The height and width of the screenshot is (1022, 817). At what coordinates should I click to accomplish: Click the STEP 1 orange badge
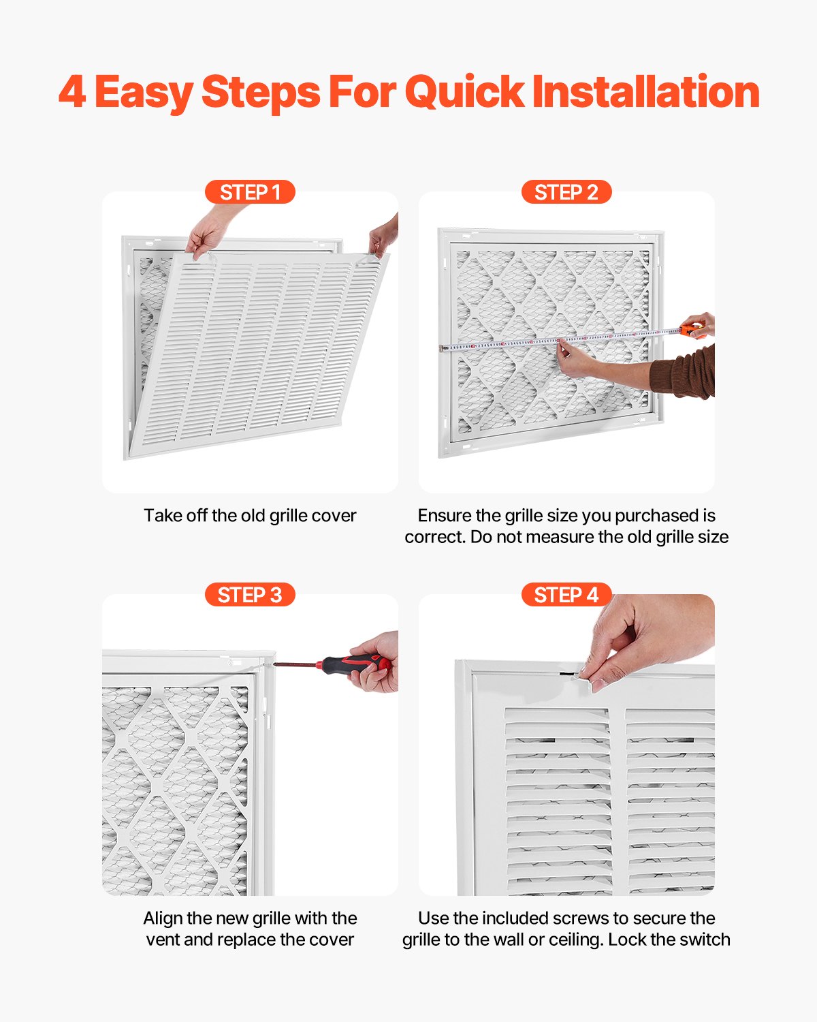click(250, 192)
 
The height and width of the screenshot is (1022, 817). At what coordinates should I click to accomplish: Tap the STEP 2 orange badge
click(566, 192)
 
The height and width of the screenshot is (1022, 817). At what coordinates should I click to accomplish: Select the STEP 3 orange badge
click(250, 595)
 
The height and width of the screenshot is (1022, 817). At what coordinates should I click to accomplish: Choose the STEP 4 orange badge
click(566, 595)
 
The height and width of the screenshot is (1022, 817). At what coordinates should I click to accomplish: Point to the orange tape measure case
click(693, 331)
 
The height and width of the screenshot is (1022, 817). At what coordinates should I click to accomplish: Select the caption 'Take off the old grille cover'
click(250, 515)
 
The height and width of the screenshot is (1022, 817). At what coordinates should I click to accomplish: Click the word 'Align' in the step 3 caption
click(163, 918)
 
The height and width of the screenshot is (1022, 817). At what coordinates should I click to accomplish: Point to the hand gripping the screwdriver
click(381, 664)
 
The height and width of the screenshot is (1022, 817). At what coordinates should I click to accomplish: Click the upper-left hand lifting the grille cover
click(208, 232)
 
